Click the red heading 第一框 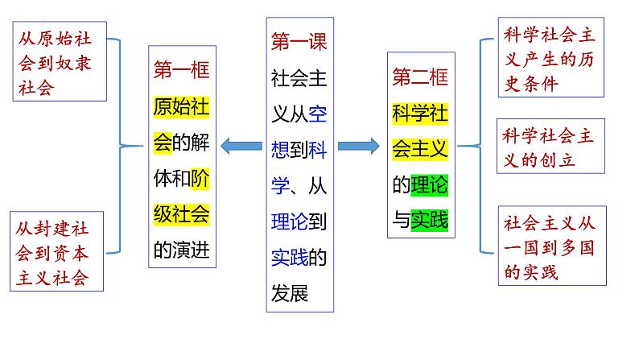(182, 71)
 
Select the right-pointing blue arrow (358, 146)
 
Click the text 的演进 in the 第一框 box (182, 250)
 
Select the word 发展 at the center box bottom (290, 292)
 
